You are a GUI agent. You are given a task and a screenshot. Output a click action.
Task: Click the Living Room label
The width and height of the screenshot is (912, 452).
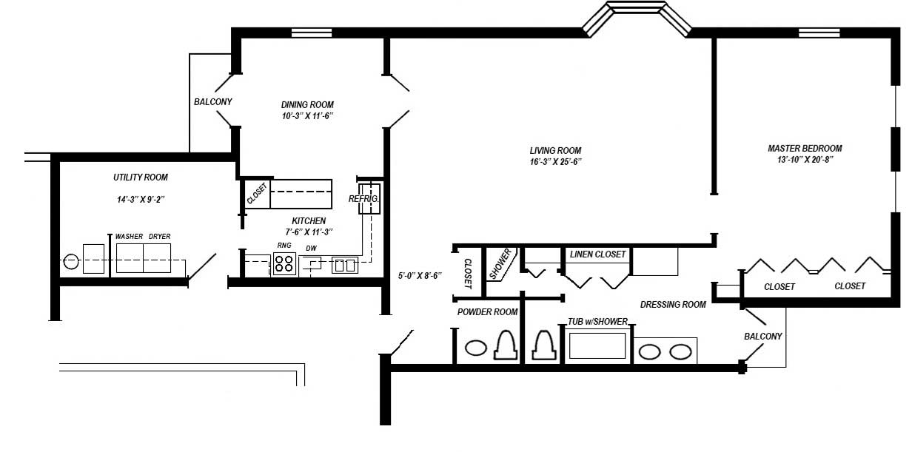click(555, 150)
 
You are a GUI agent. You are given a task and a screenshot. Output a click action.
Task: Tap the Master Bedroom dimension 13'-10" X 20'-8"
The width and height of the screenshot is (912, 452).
click(805, 160)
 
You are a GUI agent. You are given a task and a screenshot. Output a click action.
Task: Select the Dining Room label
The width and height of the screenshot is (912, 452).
click(307, 104)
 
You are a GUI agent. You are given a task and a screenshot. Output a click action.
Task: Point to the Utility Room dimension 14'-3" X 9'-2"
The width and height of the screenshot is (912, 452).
click(141, 199)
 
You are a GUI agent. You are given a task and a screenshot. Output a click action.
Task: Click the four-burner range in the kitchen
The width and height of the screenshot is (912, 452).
click(284, 263)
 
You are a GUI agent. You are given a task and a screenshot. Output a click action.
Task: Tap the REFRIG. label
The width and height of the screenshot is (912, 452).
click(363, 198)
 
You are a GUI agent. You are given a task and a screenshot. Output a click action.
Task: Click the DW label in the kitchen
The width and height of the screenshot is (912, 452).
click(311, 248)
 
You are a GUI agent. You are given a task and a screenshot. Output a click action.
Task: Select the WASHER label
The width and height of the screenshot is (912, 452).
click(129, 237)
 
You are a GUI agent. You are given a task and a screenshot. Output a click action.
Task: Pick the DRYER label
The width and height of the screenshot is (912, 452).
click(160, 237)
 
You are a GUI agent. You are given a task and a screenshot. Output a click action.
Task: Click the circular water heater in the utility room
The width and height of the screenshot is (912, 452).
click(71, 262)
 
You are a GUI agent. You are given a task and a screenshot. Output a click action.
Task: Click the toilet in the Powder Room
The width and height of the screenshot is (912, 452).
click(506, 345)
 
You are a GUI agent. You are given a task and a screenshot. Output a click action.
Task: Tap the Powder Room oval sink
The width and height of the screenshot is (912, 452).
click(475, 348)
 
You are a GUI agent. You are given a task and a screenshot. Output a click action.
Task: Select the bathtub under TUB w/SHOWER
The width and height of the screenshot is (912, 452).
click(597, 345)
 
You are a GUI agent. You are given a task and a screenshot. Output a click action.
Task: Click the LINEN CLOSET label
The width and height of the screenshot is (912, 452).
click(597, 254)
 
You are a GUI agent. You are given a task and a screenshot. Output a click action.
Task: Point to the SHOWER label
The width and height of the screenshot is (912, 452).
click(500, 263)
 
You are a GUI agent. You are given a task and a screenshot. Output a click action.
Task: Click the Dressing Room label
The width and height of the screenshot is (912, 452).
click(673, 304)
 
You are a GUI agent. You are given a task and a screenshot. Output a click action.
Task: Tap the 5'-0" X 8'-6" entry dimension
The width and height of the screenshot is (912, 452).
click(420, 276)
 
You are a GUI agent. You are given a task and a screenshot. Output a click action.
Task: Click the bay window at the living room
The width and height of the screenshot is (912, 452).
click(637, 18)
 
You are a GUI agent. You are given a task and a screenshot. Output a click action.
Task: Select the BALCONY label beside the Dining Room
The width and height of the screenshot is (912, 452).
click(213, 101)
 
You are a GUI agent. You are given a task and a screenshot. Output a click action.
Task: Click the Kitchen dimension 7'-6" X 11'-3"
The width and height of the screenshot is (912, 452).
click(309, 232)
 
